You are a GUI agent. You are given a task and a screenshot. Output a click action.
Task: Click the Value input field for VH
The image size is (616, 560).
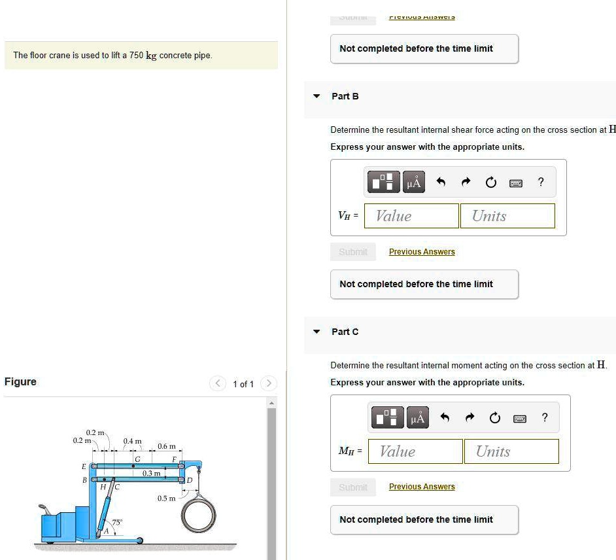pyautogui.click(x=411, y=216)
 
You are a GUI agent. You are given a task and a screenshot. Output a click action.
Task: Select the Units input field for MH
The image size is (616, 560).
pyautogui.click(x=511, y=451)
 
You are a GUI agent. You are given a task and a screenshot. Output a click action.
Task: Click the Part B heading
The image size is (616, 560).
pyautogui.click(x=345, y=96)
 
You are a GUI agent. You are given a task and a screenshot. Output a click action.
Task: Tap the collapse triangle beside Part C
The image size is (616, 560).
pyautogui.click(x=317, y=332)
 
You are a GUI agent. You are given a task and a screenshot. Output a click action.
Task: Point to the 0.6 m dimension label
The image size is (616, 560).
pyautogui.click(x=166, y=446)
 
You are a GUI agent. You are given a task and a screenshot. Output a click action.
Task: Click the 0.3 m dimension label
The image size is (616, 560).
pyautogui.click(x=151, y=473)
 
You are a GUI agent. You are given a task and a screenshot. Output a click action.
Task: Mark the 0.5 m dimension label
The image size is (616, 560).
pyautogui.click(x=165, y=499)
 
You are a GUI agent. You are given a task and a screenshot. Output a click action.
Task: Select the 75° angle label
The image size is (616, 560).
pyautogui.click(x=117, y=522)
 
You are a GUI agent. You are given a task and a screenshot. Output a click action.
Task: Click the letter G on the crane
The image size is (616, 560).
pyautogui.click(x=137, y=459)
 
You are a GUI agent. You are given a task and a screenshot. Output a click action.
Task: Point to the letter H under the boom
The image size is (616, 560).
pyautogui.click(x=103, y=487)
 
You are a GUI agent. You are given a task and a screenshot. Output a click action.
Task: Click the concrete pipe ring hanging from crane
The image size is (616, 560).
pyautogui.click(x=198, y=516)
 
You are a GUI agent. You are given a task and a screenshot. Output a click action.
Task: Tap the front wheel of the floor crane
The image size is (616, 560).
pyautogui.click(x=139, y=540)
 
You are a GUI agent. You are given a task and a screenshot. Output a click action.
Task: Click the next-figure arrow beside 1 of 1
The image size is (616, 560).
pyautogui.click(x=268, y=384)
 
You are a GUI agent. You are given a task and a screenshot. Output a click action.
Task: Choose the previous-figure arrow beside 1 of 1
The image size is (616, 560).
pyautogui.click(x=217, y=384)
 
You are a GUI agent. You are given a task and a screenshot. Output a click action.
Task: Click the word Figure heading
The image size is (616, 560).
pyautogui.click(x=20, y=381)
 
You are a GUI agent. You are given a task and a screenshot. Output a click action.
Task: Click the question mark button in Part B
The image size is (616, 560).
pyautogui.click(x=540, y=182)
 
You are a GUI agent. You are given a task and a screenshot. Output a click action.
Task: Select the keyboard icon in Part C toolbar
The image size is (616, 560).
pyautogui.click(x=519, y=417)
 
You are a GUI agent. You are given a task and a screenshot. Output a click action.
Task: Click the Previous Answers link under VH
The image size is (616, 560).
pyautogui.click(x=422, y=252)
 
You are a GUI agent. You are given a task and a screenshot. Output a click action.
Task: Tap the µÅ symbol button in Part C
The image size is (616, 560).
pyautogui.click(x=417, y=417)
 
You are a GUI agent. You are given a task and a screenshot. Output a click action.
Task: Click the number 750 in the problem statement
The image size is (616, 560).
pyautogui.click(x=136, y=56)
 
